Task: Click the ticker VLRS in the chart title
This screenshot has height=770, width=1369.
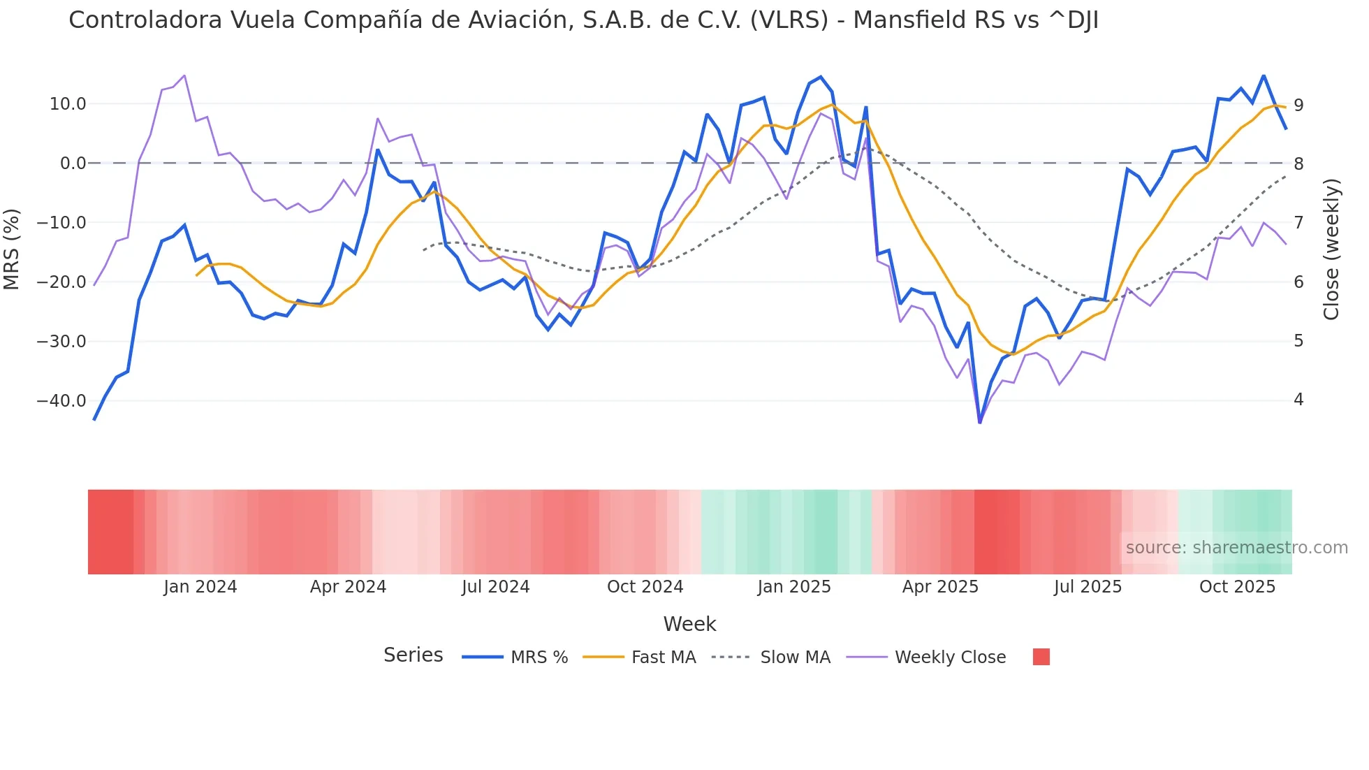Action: coord(789,20)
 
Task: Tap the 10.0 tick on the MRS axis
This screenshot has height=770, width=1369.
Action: coord(68,104)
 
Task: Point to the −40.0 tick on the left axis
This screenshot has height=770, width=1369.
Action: coord(61,401)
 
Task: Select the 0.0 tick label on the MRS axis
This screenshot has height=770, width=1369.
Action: coord(73,164)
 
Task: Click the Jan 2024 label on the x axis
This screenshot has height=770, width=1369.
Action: coord(200,587)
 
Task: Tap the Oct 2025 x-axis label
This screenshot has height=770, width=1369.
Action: coord(1237,587)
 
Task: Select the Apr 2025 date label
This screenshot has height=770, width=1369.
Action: coord(940,587)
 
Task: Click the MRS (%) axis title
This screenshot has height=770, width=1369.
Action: coord(12,249)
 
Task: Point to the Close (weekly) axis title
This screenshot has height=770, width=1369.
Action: coord(1331,249)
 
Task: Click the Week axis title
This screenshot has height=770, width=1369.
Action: coord(689,624)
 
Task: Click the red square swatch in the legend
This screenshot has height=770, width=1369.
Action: coord(1041,657)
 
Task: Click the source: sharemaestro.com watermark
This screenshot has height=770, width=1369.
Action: coord(1236,548)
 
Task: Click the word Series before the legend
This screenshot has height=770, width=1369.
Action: coord(413,655)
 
